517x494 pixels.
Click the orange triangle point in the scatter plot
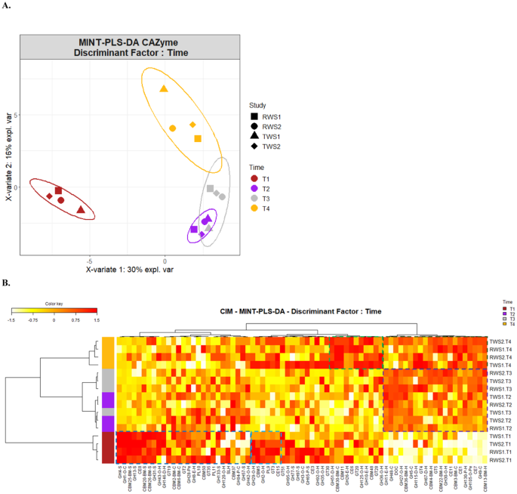(164, 89)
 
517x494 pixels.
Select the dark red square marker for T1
(58, 190)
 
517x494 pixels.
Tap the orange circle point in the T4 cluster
(172, 128)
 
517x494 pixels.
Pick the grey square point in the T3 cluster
(211, 188)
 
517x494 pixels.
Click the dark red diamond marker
(50, 196)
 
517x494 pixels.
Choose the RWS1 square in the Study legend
(254, 116)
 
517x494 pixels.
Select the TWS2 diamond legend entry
(254, 145)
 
